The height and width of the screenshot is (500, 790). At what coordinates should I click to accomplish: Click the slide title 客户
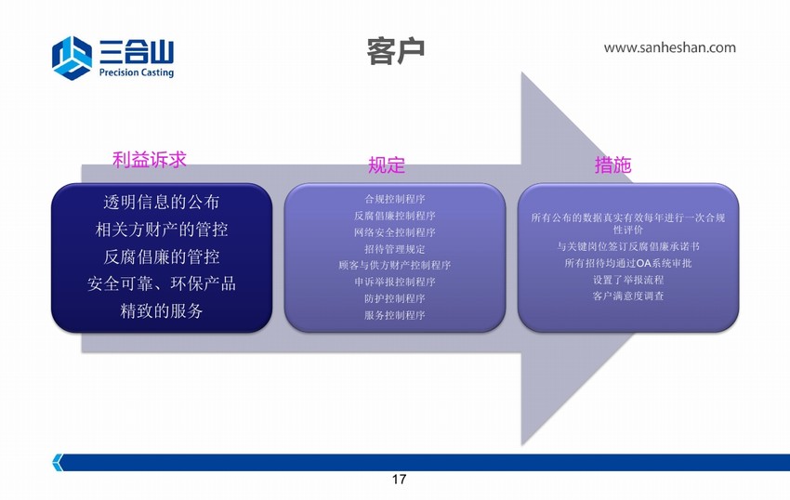[396, 51]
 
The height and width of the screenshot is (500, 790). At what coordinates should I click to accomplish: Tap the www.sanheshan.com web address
[669, 48]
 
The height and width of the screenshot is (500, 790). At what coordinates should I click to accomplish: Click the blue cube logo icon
[72, 58]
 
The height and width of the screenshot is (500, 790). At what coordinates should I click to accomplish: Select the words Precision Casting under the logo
[137, 72]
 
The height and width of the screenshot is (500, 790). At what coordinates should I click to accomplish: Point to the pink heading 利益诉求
[149, 160]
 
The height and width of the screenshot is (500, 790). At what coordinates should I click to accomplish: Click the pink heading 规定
[387, 164]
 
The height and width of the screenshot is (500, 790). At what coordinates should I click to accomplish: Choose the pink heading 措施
[612, 164]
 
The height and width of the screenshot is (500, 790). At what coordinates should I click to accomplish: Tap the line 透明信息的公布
[161, 202]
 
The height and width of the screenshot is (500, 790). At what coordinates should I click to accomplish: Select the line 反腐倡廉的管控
[161, 257]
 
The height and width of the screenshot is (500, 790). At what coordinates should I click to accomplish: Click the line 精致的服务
[161, 310]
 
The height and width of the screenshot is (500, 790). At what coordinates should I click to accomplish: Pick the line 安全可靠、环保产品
[161, 283]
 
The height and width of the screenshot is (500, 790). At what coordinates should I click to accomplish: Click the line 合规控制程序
[395, 199]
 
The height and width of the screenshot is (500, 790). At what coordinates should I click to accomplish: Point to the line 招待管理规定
[395, 249]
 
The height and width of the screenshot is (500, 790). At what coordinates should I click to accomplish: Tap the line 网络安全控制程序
[395, 232]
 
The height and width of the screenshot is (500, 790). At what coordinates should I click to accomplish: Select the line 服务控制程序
[395, 316]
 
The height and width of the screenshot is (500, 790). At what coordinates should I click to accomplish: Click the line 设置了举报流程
[628, 280]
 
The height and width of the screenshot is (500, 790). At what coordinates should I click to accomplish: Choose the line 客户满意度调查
[628, 296]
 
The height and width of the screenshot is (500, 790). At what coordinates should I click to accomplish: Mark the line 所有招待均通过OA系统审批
[628, 263]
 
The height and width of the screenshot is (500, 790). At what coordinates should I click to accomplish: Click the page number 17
[399, 480]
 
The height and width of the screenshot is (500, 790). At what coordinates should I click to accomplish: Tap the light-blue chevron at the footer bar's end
[58, 462]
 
